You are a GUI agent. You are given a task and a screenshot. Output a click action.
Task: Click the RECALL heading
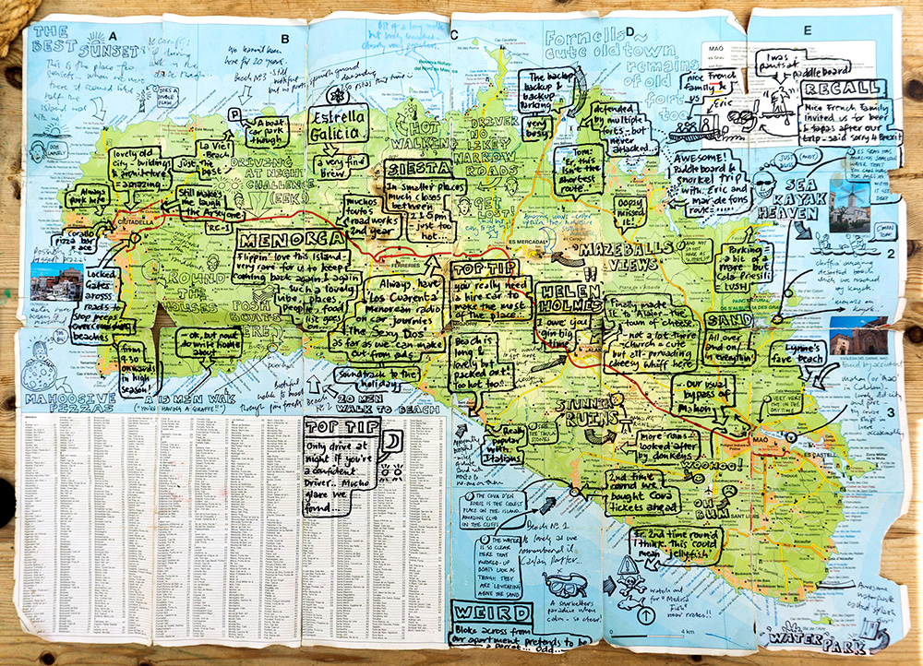(836, 89)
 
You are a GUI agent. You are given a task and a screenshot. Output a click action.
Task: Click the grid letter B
(284, 37)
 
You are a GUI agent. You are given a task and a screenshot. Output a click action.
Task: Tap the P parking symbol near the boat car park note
(234, 114)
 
